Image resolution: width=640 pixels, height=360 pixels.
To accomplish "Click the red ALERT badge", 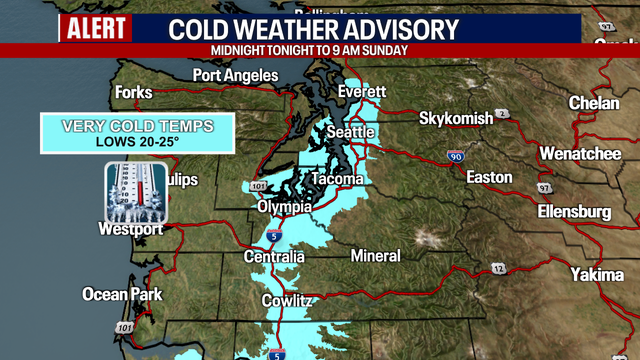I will [x=96, y=29].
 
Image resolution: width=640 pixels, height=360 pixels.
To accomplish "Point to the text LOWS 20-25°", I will [x=137, y=141].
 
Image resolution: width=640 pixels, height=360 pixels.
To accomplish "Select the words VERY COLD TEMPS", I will [x=137, y=126].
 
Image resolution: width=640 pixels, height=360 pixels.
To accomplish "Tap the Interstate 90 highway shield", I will [x=455, y=157].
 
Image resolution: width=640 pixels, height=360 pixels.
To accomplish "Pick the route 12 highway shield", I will [x=498, y=268].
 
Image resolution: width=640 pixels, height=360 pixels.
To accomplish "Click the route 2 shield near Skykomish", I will [x=503, y=113].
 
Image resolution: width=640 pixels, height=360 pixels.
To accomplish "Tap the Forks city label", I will [x=133, y=92].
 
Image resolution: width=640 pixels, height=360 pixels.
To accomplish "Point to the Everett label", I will [x=362, y=91].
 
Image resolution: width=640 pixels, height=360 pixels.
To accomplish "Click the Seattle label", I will [x=351, y=132].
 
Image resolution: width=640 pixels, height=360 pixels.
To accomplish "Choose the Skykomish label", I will [x=455, y=118].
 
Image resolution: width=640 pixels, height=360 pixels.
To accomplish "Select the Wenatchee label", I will [x=581, y=154].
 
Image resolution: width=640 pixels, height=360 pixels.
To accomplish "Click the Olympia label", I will [x=284, y=206].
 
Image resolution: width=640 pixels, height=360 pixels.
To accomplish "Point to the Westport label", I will [x=130, y=229].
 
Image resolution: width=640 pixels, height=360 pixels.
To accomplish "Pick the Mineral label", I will [x=376, y=256].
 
